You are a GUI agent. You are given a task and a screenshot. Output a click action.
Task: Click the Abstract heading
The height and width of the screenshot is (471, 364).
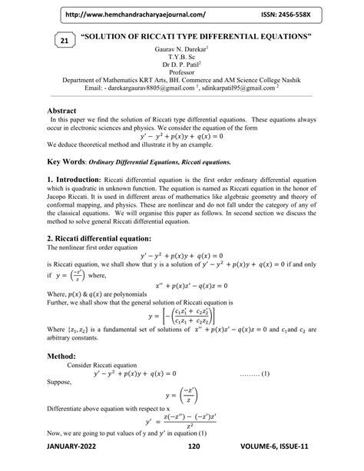[67, 111]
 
